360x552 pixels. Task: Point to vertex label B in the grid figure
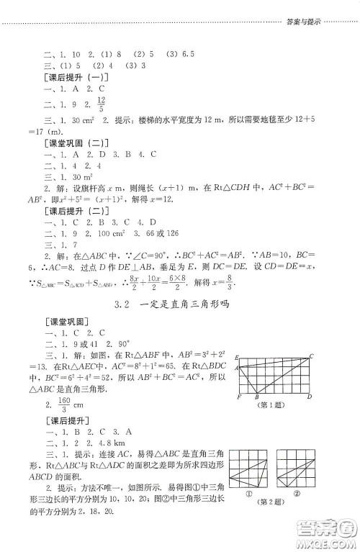coord(257,397)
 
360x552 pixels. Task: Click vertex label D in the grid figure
coord(310,397)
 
